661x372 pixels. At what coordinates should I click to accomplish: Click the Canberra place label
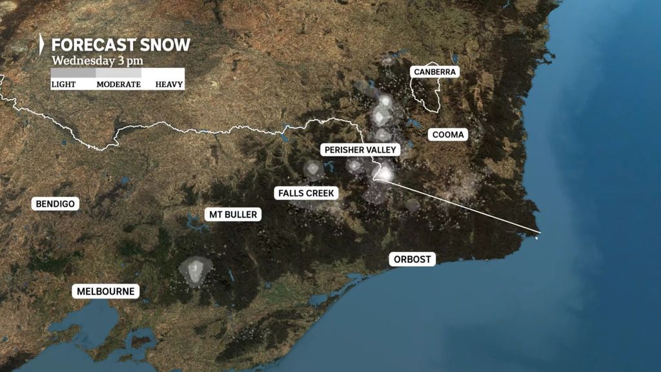[x=436, y=72]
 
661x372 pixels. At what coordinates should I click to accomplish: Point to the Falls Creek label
[x=307, y=192]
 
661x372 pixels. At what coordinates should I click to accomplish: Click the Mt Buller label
[x=233, y=214]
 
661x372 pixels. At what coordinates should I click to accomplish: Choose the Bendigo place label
[x=56, y=204]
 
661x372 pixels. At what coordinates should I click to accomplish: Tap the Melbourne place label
[x=106, y=291]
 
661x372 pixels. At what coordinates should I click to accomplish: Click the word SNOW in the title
[x=167, y=45]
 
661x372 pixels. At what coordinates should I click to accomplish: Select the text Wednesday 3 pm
[x=97, y=61]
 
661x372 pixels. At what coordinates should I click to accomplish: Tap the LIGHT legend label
[x=63, y=84]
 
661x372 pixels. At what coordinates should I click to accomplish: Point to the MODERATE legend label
[x=118, y=84]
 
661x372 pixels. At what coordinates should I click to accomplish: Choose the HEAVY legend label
[x=169, y=84]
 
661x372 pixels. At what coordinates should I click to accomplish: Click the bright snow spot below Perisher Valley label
[x=385, y=174]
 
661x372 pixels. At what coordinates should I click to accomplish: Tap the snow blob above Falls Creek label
[x=314, y=170]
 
